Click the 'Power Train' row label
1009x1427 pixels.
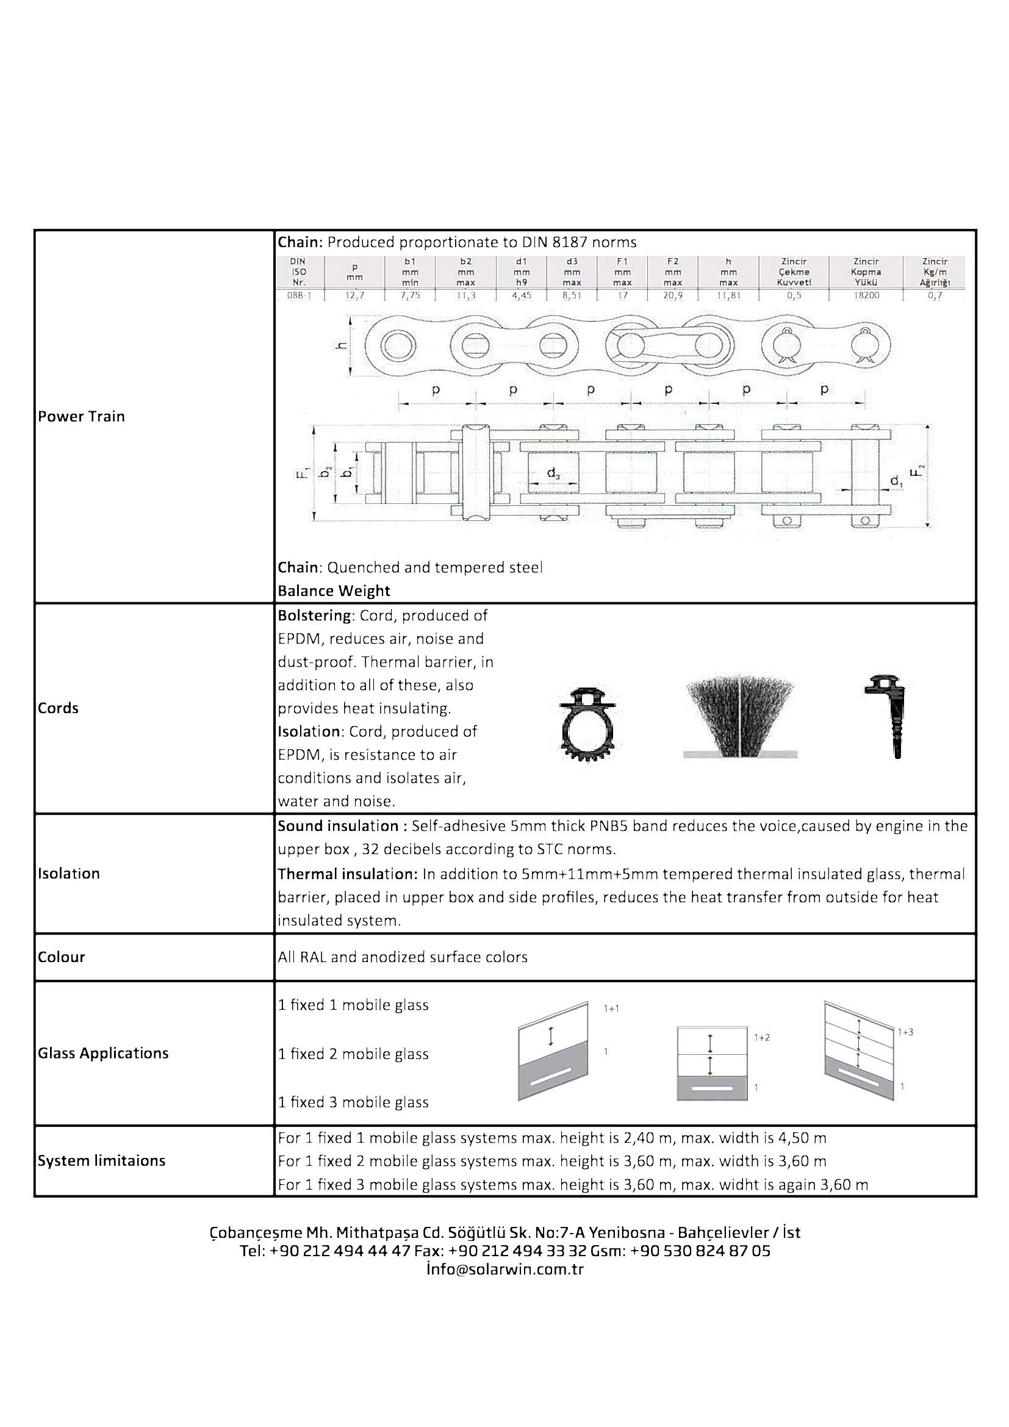81,417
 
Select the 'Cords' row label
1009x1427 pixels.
59,708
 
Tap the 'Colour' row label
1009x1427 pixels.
62,957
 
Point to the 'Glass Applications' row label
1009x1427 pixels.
103,1053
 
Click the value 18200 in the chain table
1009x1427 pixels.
866,295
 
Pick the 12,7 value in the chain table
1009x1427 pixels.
355,295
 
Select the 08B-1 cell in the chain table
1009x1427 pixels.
299,295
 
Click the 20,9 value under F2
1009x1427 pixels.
672,295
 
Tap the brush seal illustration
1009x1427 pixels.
740,719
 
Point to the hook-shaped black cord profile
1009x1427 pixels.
888,715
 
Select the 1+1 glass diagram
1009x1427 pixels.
552,1051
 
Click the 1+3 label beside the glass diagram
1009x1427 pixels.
905,1032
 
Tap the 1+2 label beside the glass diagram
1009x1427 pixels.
762,1037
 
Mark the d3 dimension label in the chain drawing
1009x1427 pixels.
553,473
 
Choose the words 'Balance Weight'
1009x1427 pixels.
334,591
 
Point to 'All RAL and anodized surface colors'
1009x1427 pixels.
403,957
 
